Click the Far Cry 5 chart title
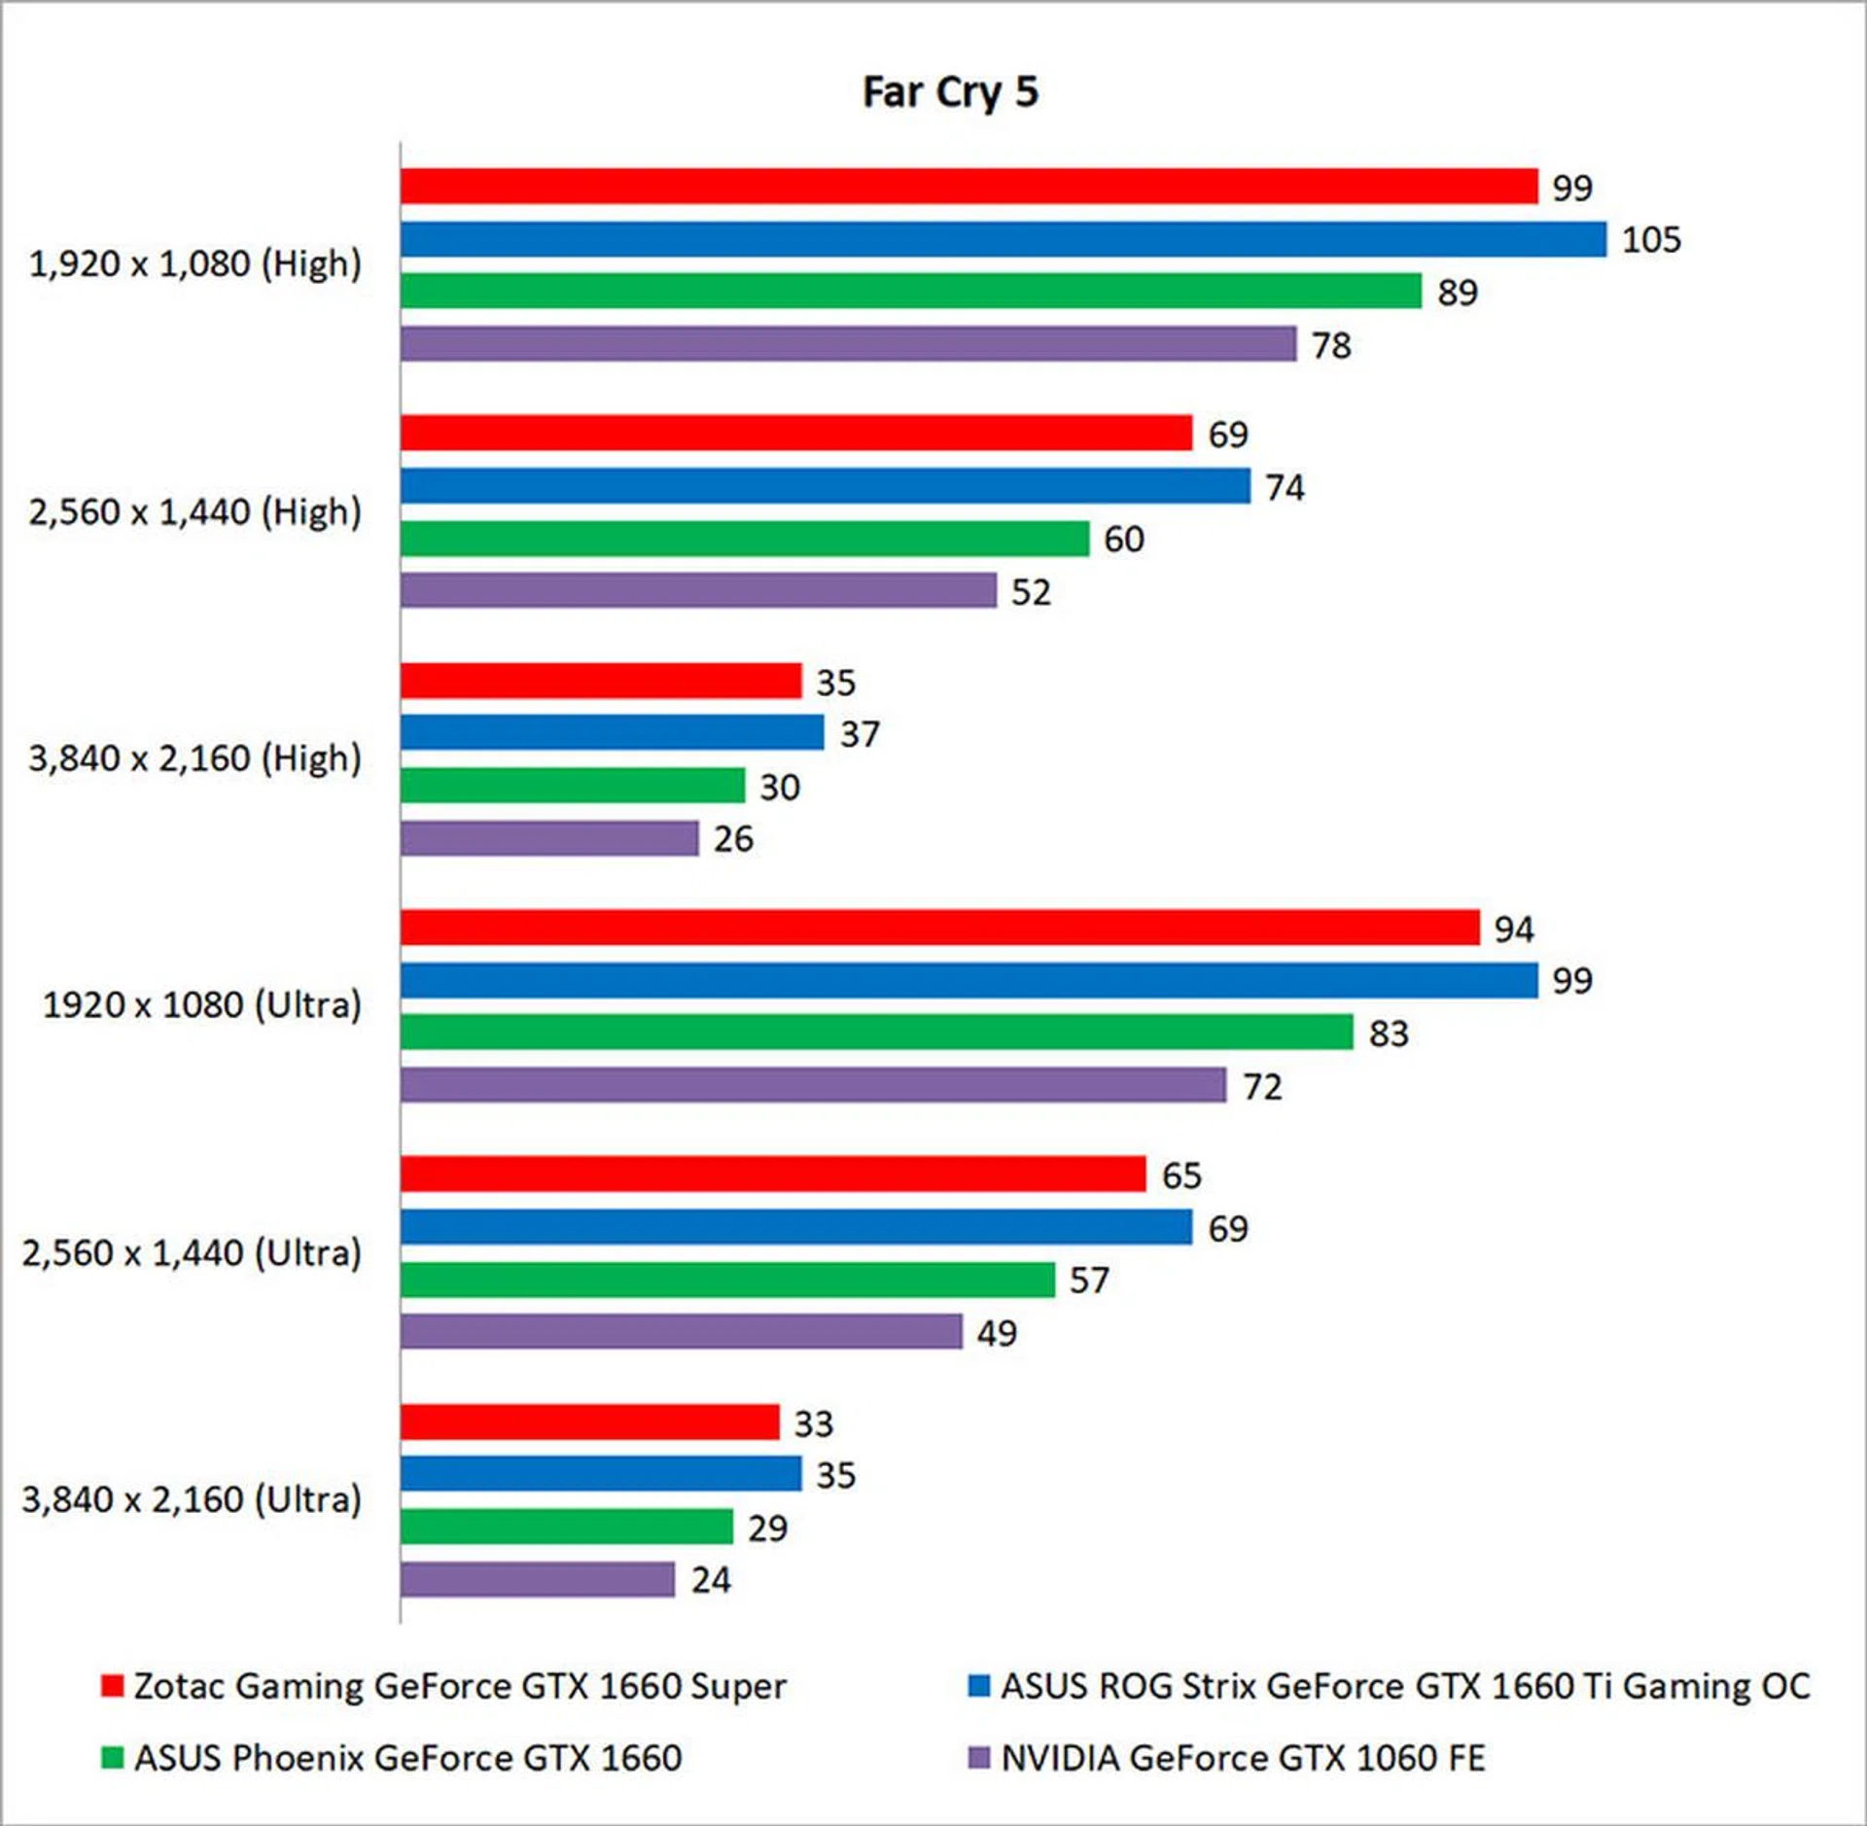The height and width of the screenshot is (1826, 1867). coord(950,92)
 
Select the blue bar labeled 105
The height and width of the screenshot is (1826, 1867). coord(1003,239)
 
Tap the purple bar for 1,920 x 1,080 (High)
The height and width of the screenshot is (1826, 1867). coord(848,343)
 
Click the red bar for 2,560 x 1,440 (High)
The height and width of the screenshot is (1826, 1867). coord(795,433)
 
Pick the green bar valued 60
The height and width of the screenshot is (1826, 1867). coord(744,539)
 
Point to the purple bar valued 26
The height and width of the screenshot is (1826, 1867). coord(549,838)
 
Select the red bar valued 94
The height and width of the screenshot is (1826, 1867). coord(939,928)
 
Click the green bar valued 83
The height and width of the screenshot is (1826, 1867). coord(876,1032)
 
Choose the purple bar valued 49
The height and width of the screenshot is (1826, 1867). coord(681,1331)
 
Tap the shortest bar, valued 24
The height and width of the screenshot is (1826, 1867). coord(537,1579)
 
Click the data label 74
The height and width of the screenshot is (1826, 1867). coord(1285,487)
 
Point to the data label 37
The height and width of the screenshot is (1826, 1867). coord(860,734)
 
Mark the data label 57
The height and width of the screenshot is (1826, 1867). coord(1089,1280)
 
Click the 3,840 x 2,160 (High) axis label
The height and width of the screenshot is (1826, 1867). coord(194,758)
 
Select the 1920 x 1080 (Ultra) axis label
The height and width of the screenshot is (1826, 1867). coord(201,1004)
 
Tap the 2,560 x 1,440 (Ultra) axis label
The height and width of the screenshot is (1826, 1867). coord(192,1252)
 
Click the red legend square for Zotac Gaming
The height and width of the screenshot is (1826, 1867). coord(112,1685)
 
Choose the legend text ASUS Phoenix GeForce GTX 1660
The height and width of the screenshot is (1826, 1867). coord(407,1757)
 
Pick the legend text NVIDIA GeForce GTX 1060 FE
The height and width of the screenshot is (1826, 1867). coord(1243,1757)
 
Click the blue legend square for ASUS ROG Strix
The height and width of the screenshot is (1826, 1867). coord(978,1685)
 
